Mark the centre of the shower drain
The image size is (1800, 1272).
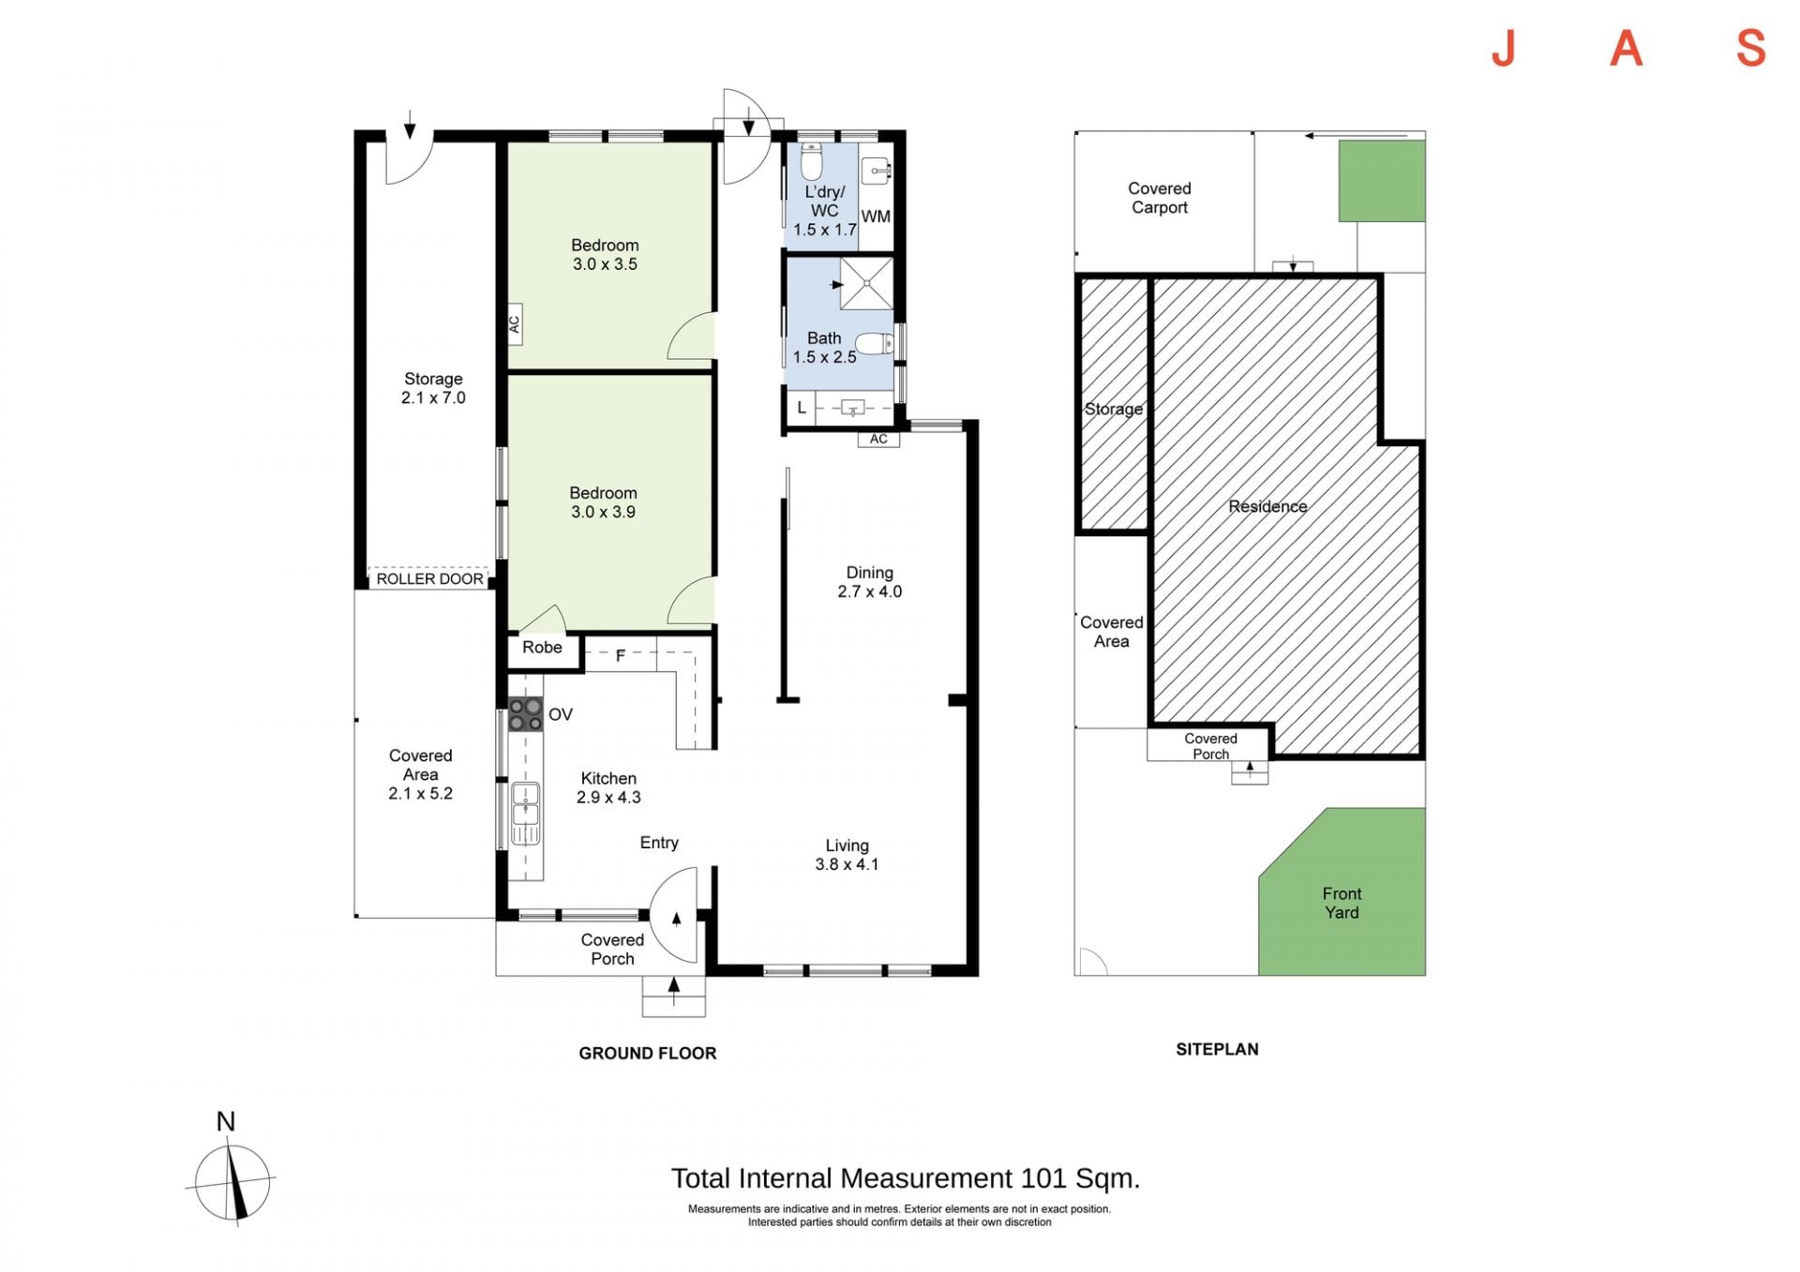pos(866,283)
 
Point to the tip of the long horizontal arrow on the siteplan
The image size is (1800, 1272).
pos(1305,136)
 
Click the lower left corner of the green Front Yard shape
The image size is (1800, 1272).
pos(1258,975)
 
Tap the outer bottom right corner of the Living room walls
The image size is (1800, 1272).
pos(979,976)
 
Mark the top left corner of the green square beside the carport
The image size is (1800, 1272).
pos(1339,141)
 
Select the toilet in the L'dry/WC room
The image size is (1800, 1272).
pos(812,162)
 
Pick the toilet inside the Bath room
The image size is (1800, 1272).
pos(875,344)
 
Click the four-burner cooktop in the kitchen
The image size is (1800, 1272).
pos(525,714)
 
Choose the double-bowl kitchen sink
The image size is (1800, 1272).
pos(525,813)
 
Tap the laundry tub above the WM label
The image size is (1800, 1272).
pos(876,171)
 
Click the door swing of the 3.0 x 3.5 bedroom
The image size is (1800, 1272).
pos(691,336)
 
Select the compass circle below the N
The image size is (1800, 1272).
pos(232,1183)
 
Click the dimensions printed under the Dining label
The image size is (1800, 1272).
pos(870,591)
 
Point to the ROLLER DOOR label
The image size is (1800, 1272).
pos(430,579)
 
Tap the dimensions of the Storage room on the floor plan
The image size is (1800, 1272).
pos(433,397)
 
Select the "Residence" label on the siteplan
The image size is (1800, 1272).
pos(1267,506)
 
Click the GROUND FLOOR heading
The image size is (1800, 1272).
pos(648,1053)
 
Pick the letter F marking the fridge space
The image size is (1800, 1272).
pos(621,656)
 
